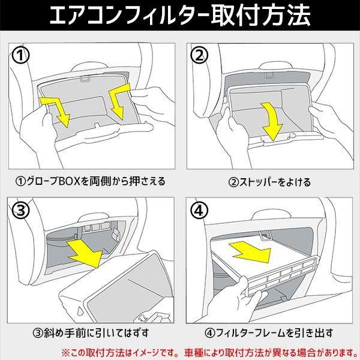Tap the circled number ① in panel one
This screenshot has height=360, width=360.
22,56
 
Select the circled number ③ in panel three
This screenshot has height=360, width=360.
22,209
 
